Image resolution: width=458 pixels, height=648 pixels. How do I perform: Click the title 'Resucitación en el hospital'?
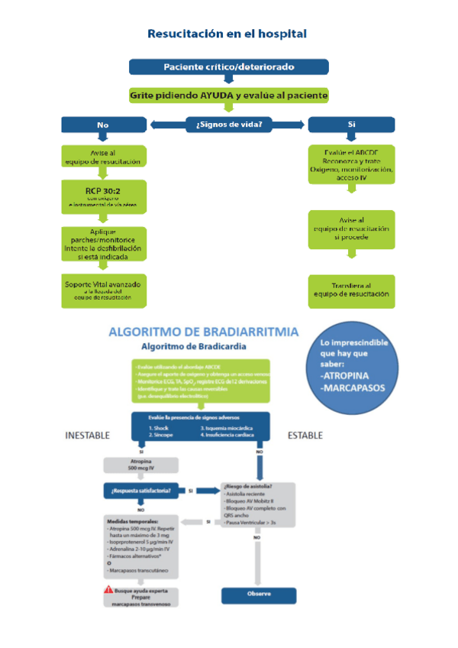tap(227, 34)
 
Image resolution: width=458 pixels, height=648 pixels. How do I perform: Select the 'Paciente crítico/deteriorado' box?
tap(228, 66)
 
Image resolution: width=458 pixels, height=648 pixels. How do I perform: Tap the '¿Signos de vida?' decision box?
tap(229, 124)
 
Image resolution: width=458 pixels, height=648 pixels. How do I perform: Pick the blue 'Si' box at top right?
tap(351, 124)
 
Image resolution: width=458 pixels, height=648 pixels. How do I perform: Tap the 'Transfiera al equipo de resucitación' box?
tap(351, 290)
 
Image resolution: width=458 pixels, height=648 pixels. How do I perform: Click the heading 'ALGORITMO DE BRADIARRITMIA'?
tap(204, 332)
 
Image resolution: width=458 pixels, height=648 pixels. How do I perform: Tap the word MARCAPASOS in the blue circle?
tap(353, 388)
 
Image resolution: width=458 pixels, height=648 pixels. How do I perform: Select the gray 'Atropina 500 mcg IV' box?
tap(140, 465)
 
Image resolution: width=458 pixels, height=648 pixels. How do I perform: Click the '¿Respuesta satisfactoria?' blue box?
tap(140, 490)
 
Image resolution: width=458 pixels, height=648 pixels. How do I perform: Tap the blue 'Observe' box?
tap(258, 594)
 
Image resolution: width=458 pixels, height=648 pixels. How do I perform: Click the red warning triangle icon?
tap(108, 591)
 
